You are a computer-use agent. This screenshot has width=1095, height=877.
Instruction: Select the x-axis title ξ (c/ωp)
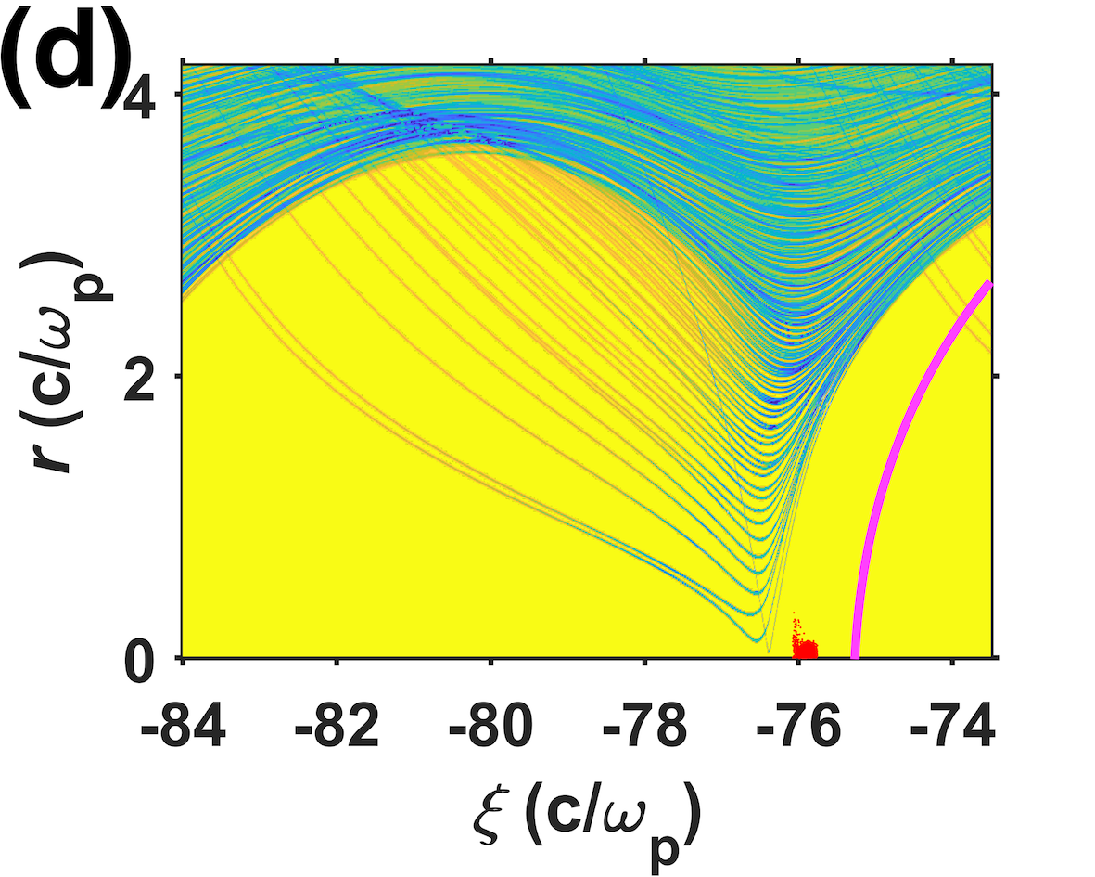click(x=586, y=822)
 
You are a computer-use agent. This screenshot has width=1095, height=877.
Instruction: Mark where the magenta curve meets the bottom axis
click(x=855, y=657)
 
